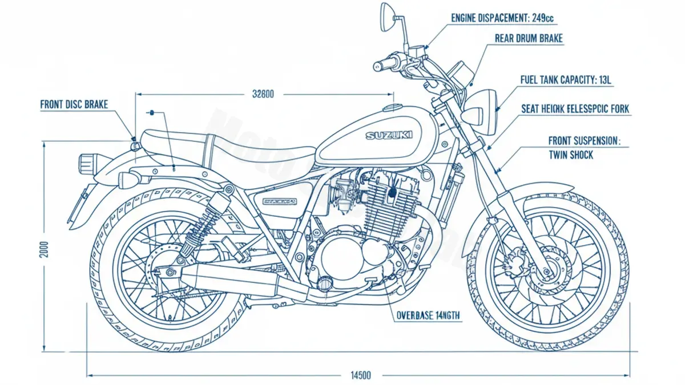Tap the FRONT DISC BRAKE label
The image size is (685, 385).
(74, 105)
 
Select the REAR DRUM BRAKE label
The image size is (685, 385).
(529, 39)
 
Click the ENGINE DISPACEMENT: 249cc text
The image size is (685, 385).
(502, 18)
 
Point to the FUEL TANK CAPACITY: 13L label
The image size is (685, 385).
(565, 80)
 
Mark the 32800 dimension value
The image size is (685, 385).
(263, 94)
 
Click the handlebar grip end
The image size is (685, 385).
(377, 67)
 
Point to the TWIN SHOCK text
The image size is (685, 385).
(570, 155)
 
